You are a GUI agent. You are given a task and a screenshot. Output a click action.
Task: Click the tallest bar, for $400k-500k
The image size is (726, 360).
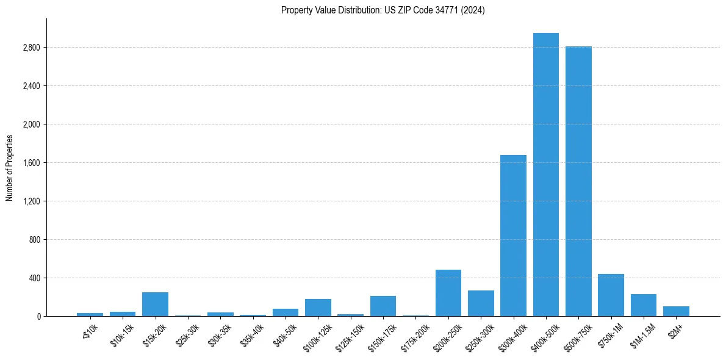pos(545,175)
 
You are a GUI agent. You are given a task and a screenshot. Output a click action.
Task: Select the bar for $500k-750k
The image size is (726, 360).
pos(578,181)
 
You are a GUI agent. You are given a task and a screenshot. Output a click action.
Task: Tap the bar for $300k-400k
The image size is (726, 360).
pos(513,236)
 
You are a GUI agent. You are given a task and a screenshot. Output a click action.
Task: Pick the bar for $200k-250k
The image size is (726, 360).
pos(448,293)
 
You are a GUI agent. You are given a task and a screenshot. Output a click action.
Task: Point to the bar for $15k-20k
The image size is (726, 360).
pos(155,304)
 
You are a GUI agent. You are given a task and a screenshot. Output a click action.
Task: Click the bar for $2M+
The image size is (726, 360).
pos(676,311)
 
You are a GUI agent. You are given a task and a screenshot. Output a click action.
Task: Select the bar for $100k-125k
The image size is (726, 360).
pos(318,308)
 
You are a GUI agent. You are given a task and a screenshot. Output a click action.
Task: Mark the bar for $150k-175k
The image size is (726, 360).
pos(383,306)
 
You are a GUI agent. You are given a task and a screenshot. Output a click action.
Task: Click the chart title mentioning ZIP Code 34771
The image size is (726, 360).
pos(383,10)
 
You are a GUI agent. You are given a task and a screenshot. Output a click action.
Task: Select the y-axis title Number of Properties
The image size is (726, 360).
pos(10,167)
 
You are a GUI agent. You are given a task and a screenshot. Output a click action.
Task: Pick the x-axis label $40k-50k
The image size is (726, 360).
pos(286,334)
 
